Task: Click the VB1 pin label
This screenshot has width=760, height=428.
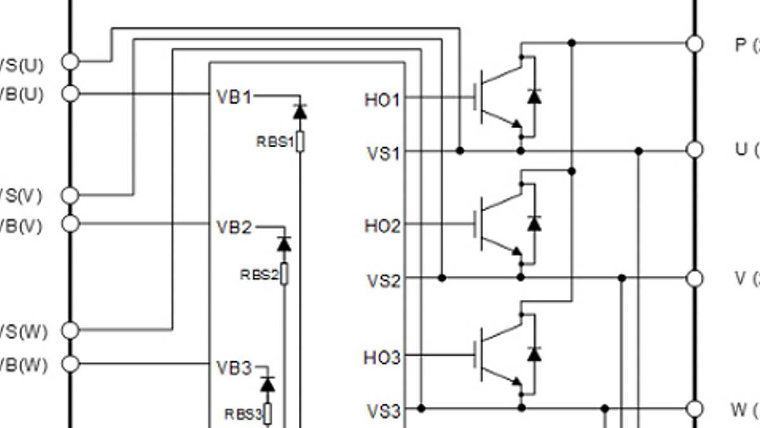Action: coord(234,97)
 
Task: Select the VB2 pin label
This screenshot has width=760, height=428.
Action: coord(234,227)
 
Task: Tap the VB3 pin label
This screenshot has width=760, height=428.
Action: coord(234,368)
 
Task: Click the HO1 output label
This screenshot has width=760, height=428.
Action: coord(382,100)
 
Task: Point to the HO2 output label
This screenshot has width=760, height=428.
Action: coord(382,226)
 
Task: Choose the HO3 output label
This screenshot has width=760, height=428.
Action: coord(382,358)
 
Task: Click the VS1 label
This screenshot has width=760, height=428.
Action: coord(384,153)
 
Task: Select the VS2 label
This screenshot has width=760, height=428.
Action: coord(384,280)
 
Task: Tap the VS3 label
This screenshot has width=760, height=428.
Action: coord(384,411)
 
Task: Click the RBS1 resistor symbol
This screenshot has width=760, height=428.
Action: coord(300,141)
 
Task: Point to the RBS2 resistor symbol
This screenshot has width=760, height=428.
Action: coord(284,275)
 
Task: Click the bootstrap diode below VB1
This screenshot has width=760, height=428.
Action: coord(300,112)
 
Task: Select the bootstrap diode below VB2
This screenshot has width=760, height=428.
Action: coord(284,243)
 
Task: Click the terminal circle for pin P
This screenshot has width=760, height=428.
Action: coord(695,43)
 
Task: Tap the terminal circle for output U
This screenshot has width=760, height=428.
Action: coord(695,150)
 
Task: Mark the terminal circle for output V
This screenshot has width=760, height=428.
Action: coord(695,278)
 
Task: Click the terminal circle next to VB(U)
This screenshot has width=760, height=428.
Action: coord(71,94)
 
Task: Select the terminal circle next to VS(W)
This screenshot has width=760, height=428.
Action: coord(71,330)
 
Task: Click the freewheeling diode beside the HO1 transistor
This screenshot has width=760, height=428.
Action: coord(535,96)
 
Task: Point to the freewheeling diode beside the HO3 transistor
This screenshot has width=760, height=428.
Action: coord(535,354)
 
